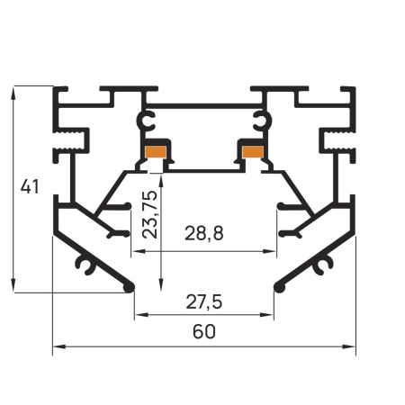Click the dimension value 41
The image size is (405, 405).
[x=30, y=186]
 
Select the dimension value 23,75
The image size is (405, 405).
[x=150, y=214]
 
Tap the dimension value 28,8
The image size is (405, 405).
[x=204, y=233]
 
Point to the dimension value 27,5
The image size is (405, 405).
[x=204, y=301]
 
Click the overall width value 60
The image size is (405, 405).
[x=204, y=332]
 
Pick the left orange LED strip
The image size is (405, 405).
[x=156, y=152]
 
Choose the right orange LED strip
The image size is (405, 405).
[x=253, y=152]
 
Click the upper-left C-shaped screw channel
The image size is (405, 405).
[x=146, y=121]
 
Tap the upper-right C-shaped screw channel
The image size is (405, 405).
[x=263, y=121]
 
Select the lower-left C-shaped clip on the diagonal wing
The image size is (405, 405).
[x=86, y=264]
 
